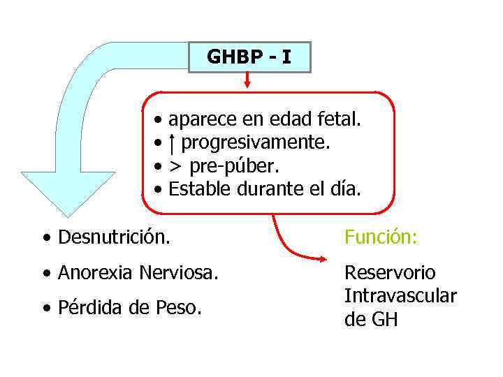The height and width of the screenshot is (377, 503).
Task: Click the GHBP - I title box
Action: point(249,57)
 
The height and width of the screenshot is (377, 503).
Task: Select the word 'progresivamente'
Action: point(255,143)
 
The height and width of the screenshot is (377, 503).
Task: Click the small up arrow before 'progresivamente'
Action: point(173,143)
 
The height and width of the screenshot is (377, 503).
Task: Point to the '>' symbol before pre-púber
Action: point(177,166)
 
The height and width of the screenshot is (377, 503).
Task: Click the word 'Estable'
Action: point(200,189)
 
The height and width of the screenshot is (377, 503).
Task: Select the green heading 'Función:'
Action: point(381,238)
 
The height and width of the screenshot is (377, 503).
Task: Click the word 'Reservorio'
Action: point(389,273)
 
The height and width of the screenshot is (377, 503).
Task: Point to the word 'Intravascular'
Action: point(400,296)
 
